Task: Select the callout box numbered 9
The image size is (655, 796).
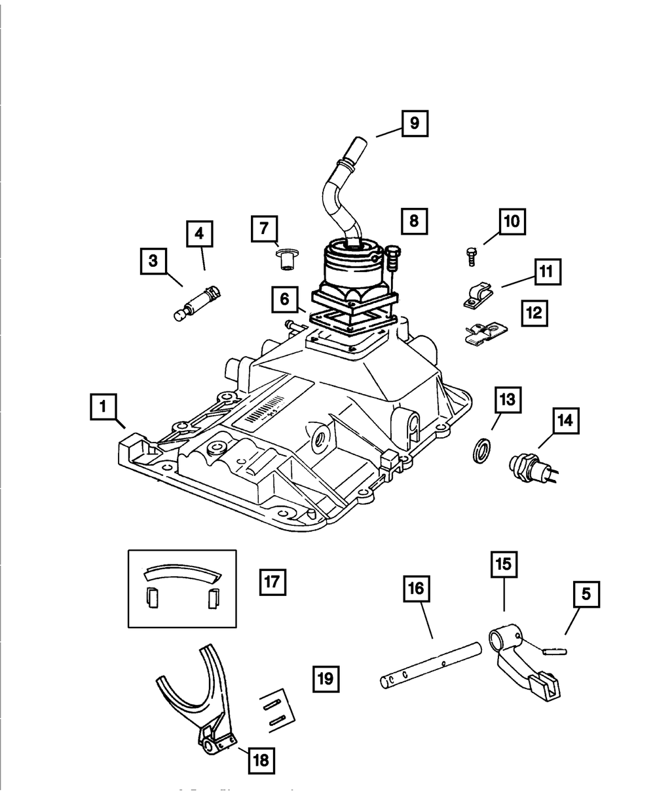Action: point(415,123)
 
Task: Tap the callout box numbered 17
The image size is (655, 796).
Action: point(272,580)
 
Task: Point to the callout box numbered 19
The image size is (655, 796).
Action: point(326,678)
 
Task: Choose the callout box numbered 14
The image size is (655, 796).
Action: point(565,421)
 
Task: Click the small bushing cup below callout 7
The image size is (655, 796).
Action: point(285,259)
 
